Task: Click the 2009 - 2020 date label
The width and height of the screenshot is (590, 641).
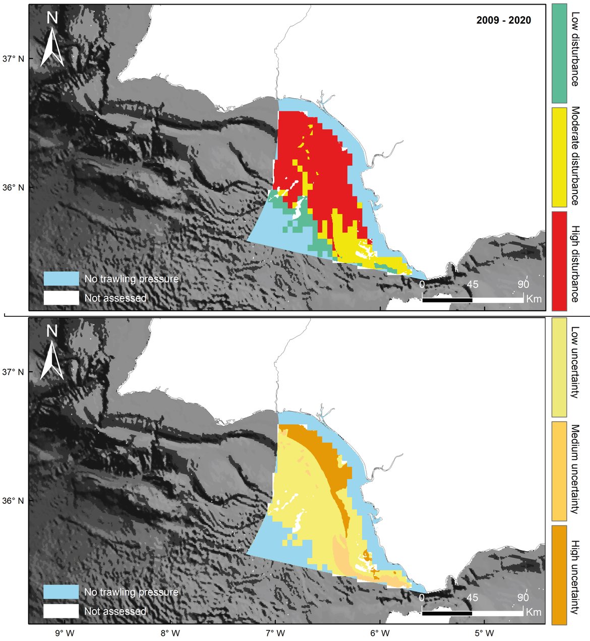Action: (x=503, y=21)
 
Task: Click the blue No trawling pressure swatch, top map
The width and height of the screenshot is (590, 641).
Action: (x=61, y=278)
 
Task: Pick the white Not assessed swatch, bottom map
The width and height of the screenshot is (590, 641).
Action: (x=61, y=611)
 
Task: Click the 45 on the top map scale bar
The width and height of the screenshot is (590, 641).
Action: (x=472, y=285)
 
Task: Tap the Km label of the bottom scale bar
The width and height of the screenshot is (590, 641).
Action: (x=534, y=612)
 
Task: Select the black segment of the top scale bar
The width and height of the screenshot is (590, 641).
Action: (x=447, y=300)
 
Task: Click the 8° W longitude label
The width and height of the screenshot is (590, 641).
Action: (x=170, y=633)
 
